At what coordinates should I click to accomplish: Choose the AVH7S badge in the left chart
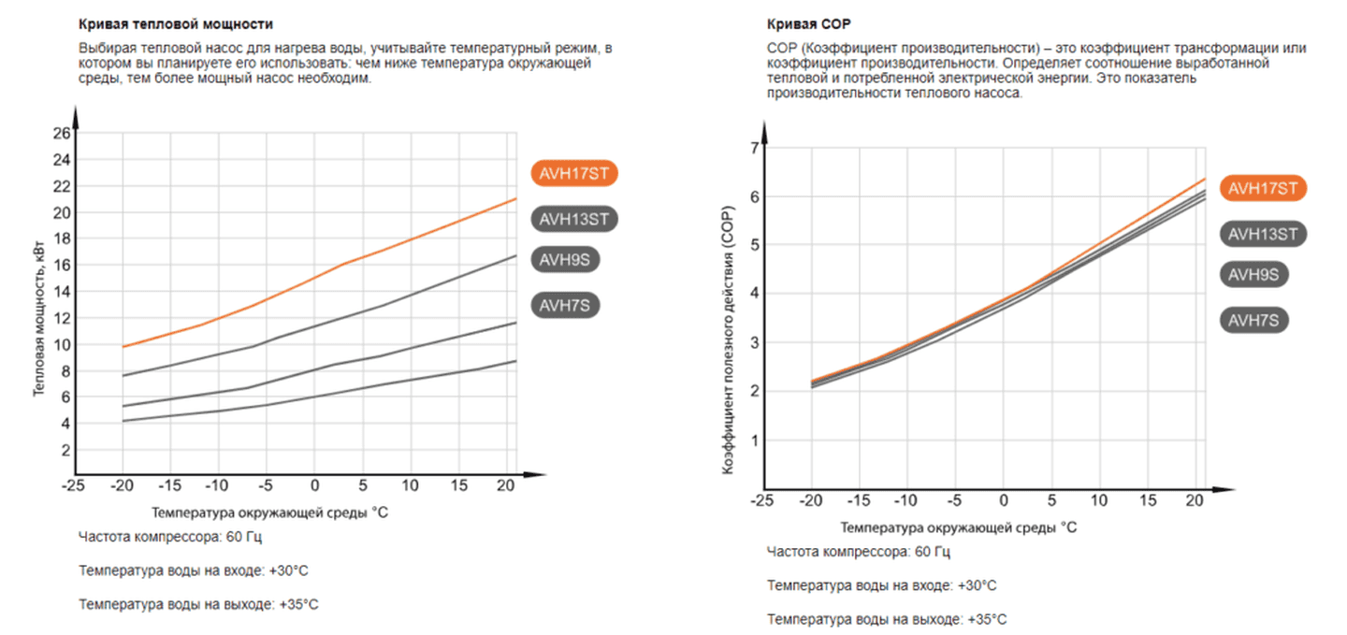[564, 305]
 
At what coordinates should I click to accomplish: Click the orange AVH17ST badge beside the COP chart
[1263, 188]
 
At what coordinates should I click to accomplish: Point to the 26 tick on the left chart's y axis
[62, 133]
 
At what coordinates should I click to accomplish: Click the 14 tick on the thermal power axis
[62, 292]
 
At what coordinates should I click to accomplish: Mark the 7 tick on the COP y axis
[753, 148]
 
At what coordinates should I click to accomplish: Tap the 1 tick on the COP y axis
[753, 440]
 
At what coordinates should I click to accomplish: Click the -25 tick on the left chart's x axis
[73, 486]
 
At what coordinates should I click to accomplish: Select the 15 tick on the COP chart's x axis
[1148, 501]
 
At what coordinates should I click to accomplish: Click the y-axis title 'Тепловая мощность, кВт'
[40, 318]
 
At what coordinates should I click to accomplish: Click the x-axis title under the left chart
[268, 512]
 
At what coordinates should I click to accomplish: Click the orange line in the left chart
[374, 249]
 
